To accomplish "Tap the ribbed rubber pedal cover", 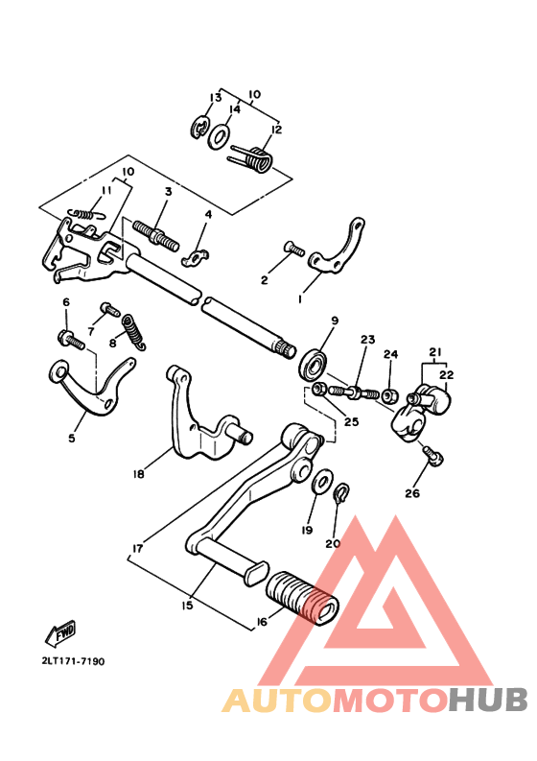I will (x=302, y=597).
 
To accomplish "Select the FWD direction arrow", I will (x=59, y=631).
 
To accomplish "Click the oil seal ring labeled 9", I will (x=314, y=362).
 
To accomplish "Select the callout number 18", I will (x=139, y=473).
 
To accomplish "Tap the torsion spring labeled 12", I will (x=252, y=158).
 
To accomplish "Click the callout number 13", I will (x=216, y=98).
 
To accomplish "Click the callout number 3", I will (x=167, y=192).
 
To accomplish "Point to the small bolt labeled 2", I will (x=293, y=250).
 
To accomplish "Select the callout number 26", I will (x=411, y=494).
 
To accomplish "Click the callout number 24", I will (x=390, y=354).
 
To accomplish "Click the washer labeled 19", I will (x=323, y=478).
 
